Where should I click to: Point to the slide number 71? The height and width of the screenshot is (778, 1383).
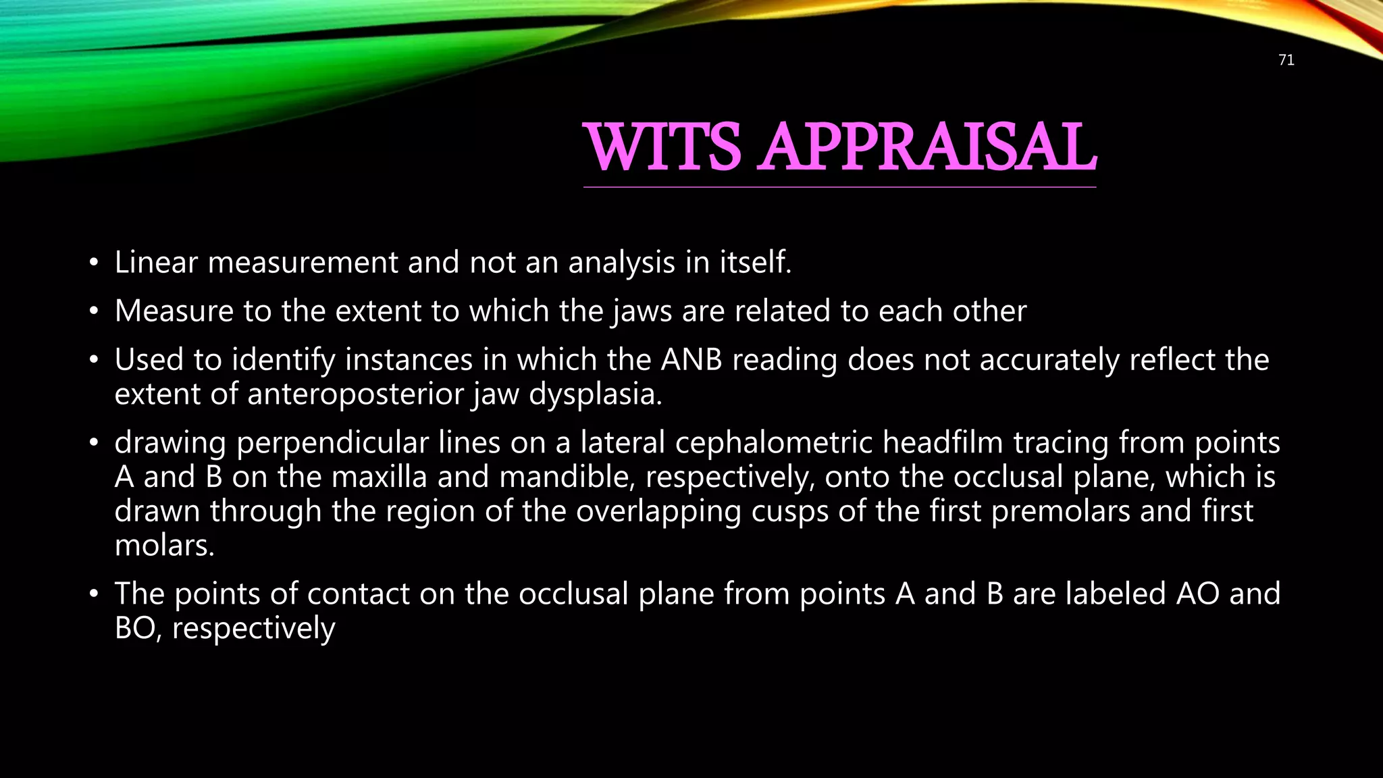[x=1286, y=60]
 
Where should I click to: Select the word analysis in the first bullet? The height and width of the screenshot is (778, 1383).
[x=621, y=262]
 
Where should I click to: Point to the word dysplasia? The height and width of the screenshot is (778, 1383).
[x=595, y=394]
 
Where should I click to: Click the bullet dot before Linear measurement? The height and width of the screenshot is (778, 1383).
[x=94, y=263]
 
